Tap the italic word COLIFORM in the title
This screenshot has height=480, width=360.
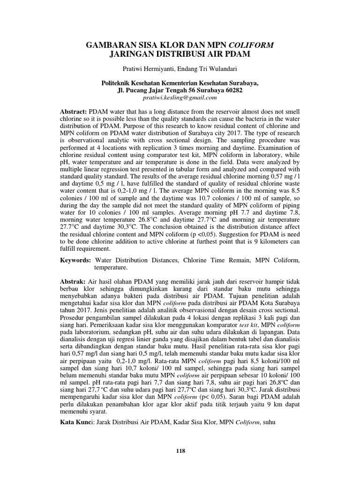click(252, 45)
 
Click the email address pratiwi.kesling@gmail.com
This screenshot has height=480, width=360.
click(180, 97)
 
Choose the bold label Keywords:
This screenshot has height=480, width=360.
click(76, 259)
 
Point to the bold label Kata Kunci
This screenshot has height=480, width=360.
click(75, 422)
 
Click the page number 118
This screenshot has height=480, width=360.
click(180, 450)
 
